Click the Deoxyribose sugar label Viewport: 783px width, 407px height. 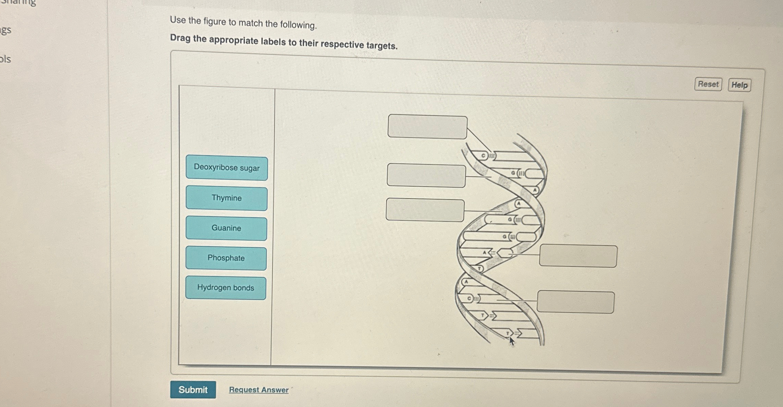click(x=227, y=168)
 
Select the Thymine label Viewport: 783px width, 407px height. click(x=226, y=198)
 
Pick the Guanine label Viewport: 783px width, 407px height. click(x=226, y=228)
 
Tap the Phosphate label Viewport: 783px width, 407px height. click(x=226, y=258)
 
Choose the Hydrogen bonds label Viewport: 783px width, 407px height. click(x=225, y=288)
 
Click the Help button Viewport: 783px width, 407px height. click(x=739, y=85)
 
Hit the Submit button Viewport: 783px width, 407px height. click(x=193, y=390)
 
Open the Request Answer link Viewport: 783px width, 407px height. click(x=258, y=390)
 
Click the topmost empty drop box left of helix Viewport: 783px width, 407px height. click(x=427, y=127)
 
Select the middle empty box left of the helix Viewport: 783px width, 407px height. click(x=426, y=176)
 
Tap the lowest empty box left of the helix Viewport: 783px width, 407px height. click(x=425, y=210)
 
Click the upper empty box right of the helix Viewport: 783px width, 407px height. click(x=578, y=256)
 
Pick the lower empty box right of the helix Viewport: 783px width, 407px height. click(x=575, y=302)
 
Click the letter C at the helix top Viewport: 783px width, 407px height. click(x=483, y=156)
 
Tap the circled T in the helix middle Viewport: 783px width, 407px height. click(x=479, y=269)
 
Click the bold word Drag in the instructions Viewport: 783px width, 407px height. click(x=180, y=38)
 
